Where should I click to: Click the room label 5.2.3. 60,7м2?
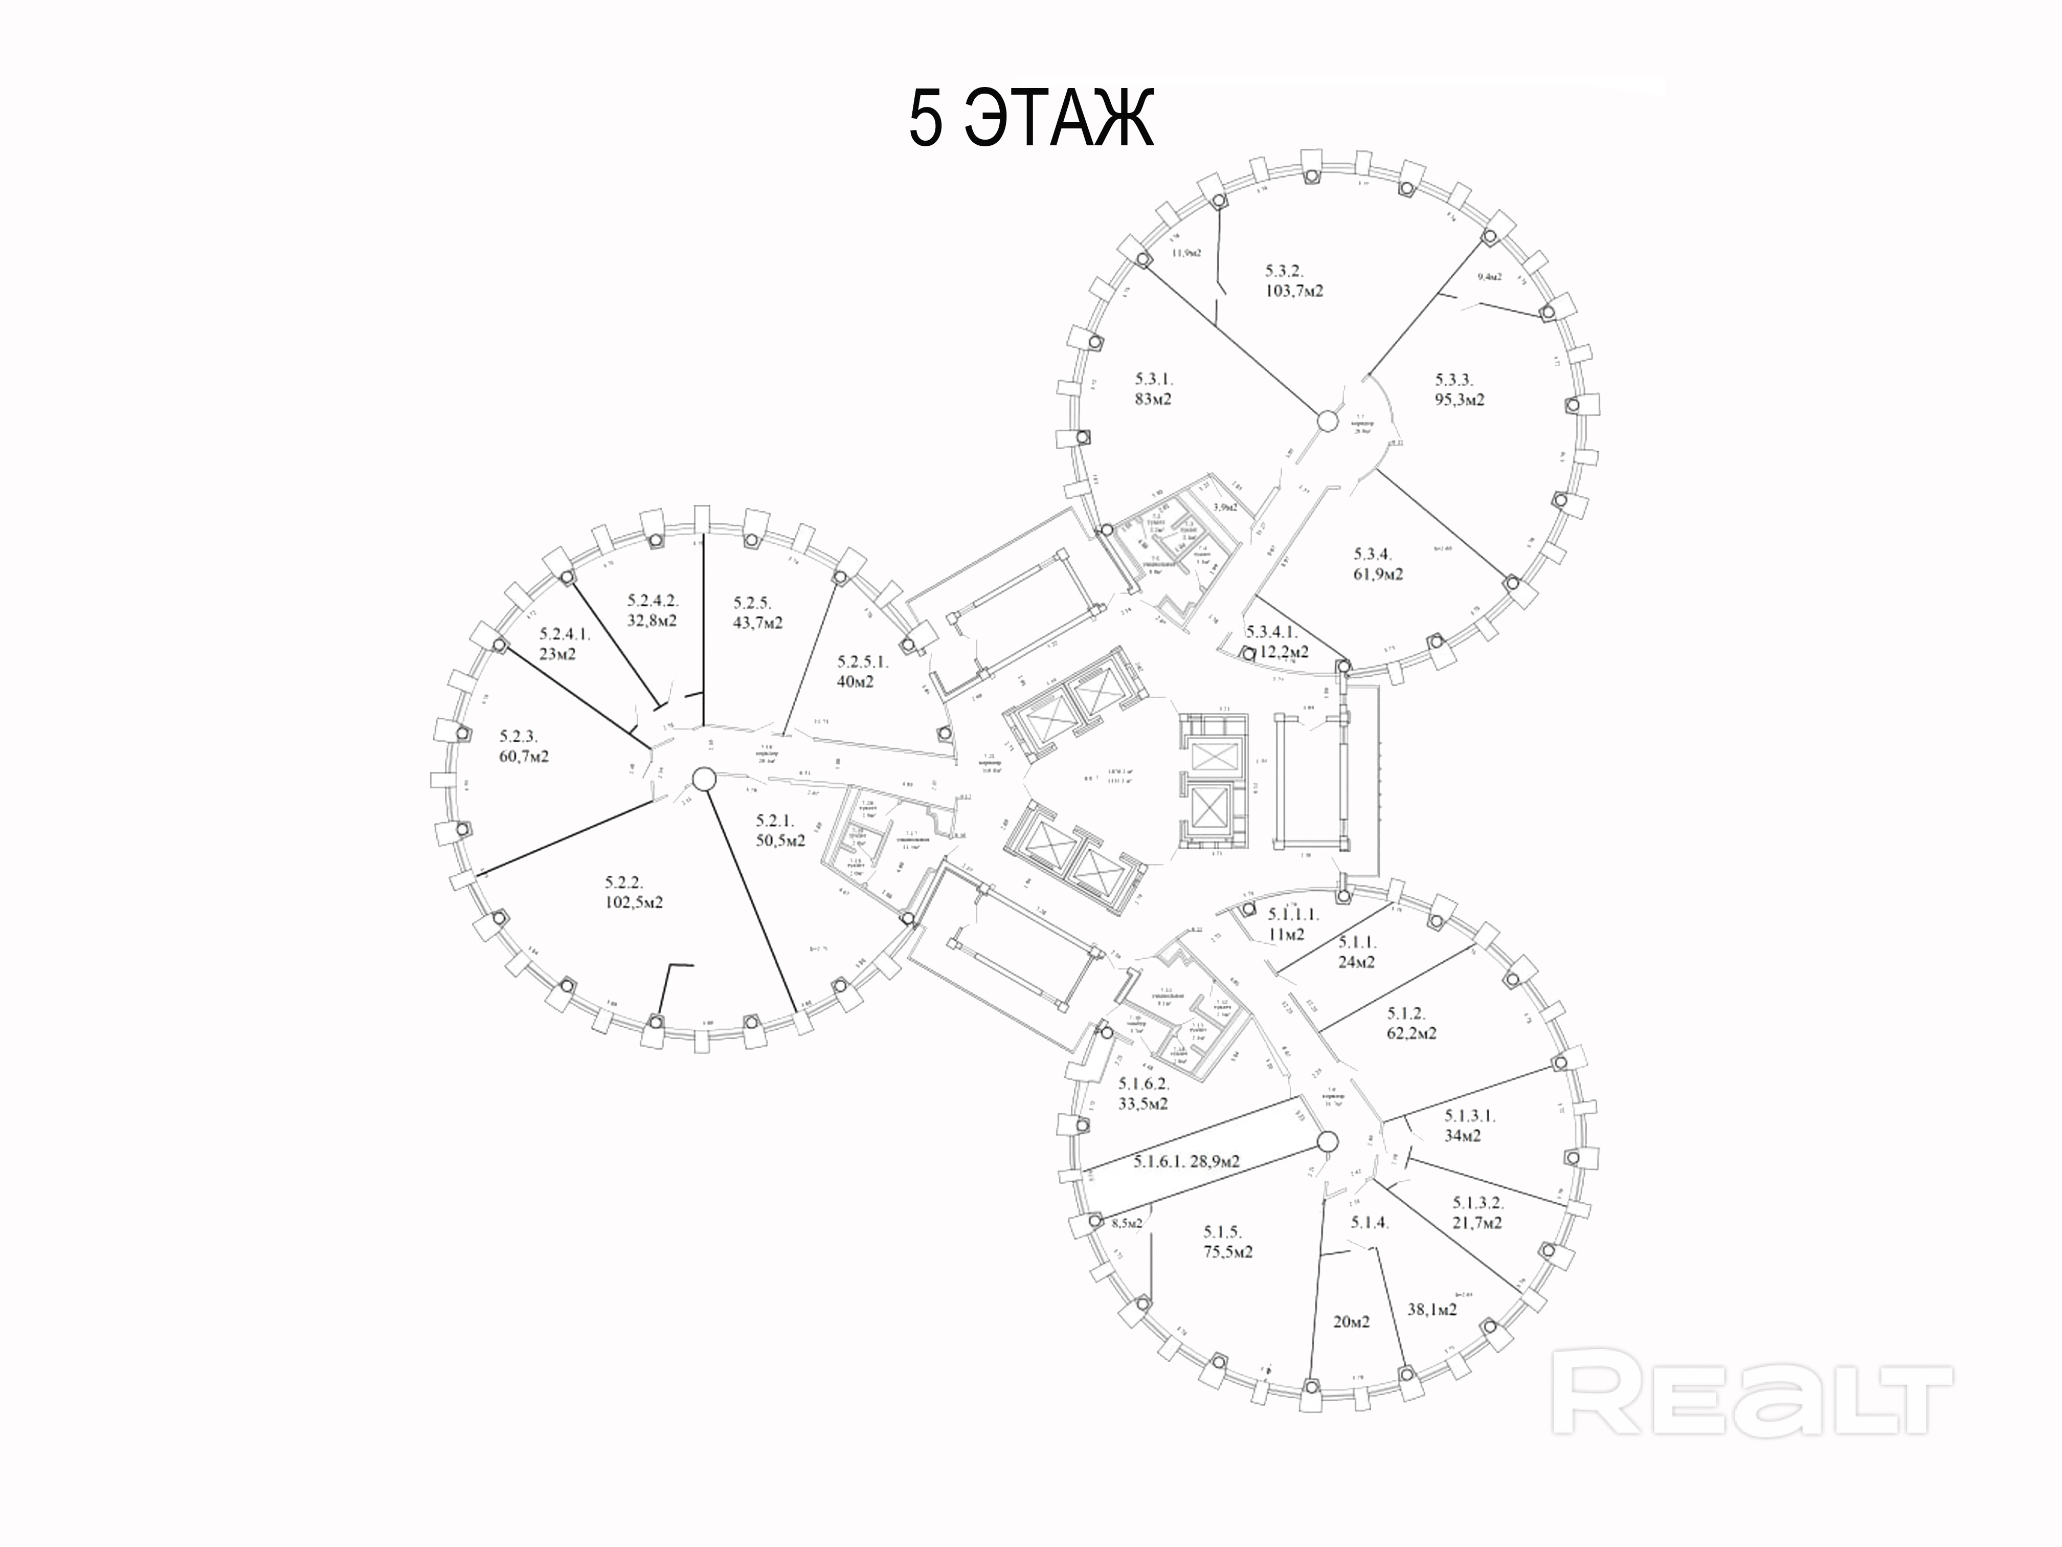pyautogui.click(x=524, y=746)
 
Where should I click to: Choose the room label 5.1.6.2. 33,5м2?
pyautogui.click(x=1143, y=1094)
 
